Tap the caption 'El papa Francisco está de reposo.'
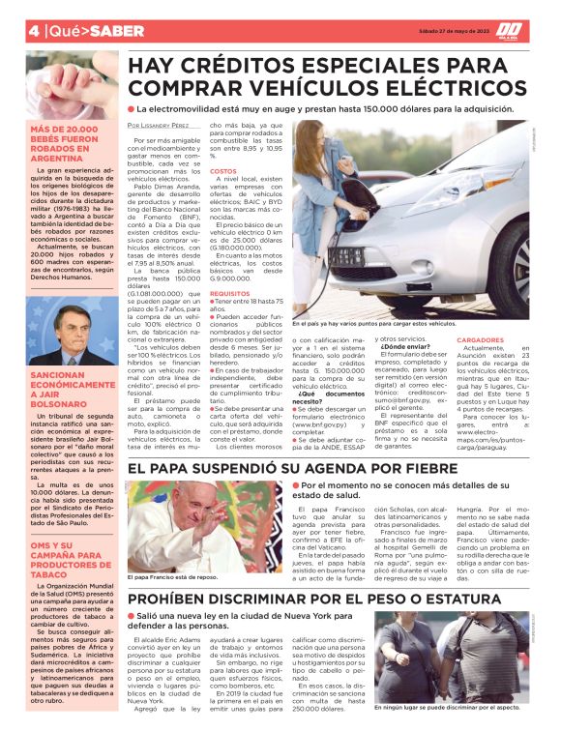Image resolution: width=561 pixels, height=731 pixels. point(173,577)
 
